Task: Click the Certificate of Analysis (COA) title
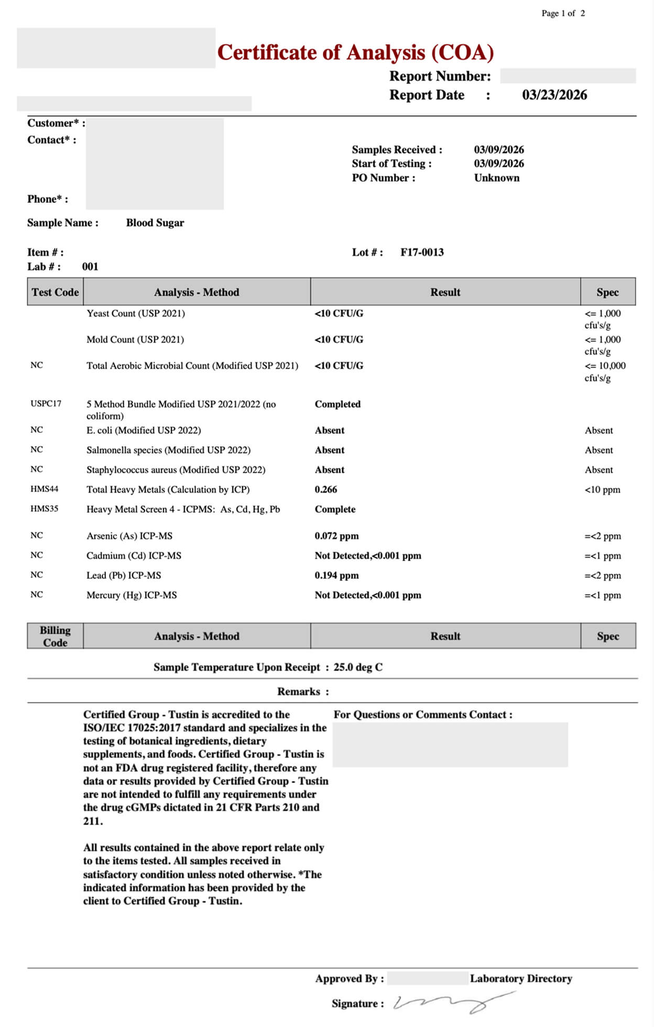tap(355, 52)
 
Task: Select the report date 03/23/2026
tap(554, 95)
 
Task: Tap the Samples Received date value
tap(499, 150)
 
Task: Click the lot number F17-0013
tap(422, 252)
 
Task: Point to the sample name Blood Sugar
tap(155, 223)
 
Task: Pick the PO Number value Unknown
tap(497, 178)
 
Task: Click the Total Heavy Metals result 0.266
tap(326, 490)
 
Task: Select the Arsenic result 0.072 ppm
tap(336, 536)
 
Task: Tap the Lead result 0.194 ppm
tap(336, 575)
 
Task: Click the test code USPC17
tap(46, 404)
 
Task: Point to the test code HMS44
tap(45, 489)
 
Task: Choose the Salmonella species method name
tap(168, 450)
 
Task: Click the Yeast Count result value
tap(339, 314)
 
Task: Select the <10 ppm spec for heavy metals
tap(602, 490)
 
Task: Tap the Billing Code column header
tap(55, 636)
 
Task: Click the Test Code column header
tap(55, 292)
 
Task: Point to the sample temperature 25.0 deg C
tap(358, 667)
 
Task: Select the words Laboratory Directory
tap(521, 978)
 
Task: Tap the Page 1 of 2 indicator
tap(563, 13)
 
